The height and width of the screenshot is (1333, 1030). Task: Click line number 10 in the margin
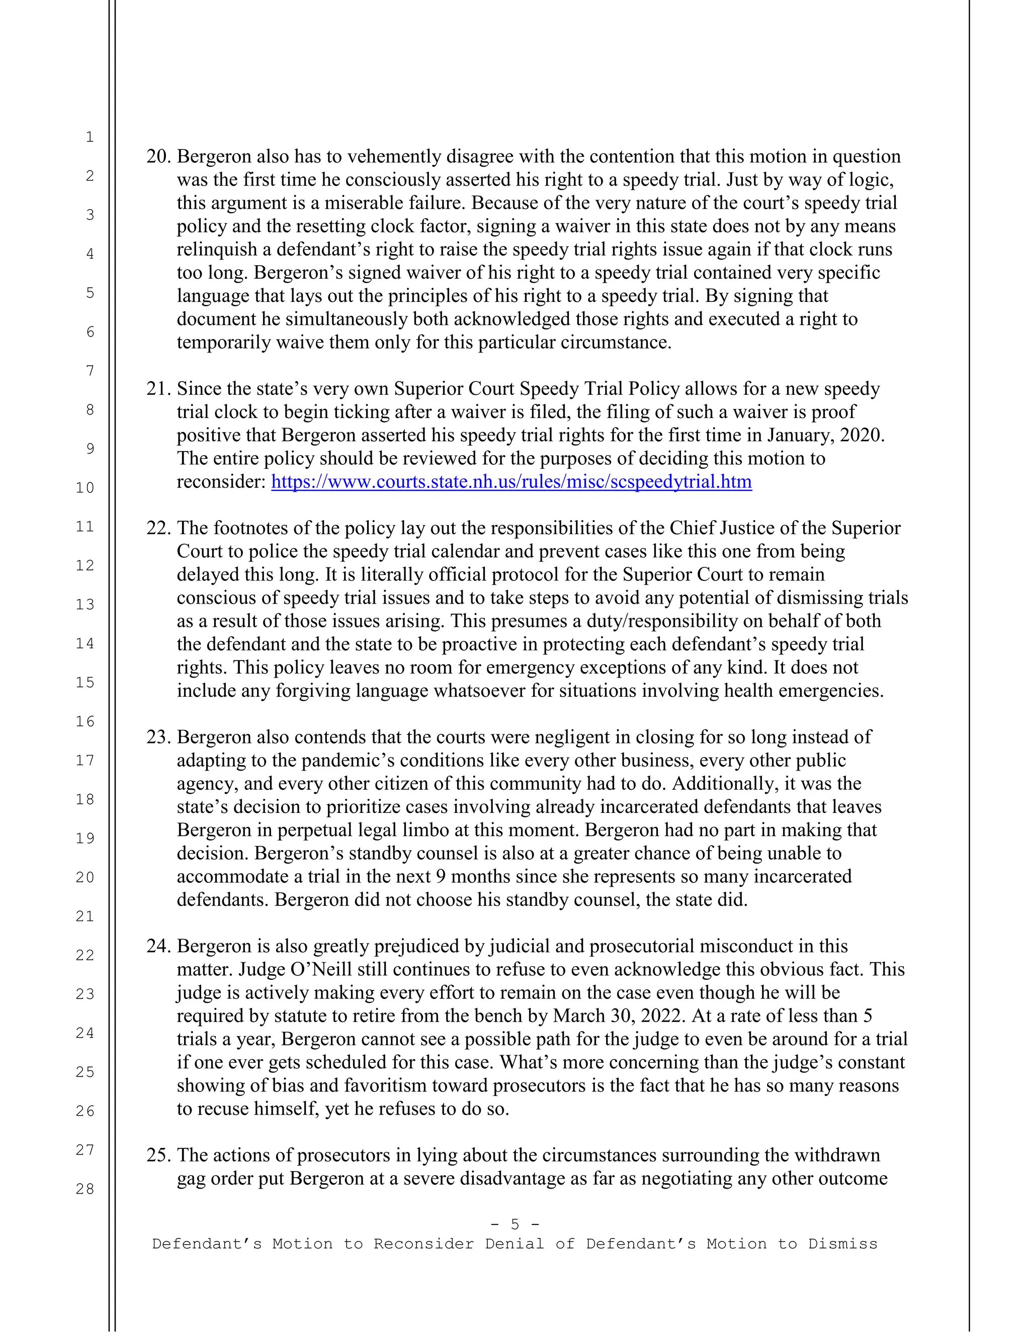click(x=85, y=487)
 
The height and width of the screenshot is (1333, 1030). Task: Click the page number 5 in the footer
click(x=515, y=1224)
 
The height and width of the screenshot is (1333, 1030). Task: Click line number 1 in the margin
click(x=90, y=137)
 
